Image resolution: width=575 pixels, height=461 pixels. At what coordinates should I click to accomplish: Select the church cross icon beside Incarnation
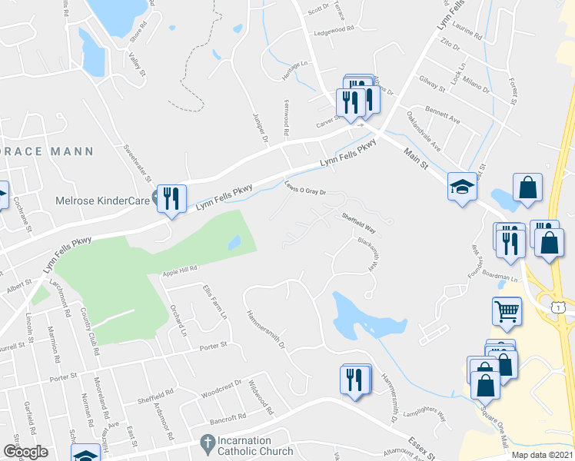coord(206,443)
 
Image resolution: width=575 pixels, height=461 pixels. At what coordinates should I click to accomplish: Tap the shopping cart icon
coord(506,310)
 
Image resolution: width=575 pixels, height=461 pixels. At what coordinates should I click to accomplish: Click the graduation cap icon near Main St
coord(460,186)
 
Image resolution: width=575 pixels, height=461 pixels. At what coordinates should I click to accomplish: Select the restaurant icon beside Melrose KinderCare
coord(171,198)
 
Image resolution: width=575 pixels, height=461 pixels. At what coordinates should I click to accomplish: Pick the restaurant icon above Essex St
coord(353,380)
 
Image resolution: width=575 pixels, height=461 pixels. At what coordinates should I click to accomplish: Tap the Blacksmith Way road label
coord(369,254)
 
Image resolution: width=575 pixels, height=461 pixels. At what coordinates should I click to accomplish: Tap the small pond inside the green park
coord(234,243)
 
